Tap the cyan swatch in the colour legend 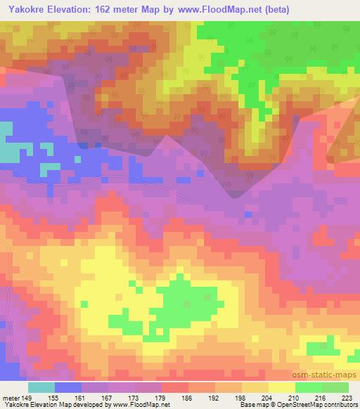[41, 387]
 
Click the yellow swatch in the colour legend [281, 387]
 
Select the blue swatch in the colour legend [69, 387]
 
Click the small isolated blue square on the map [247, 214]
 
